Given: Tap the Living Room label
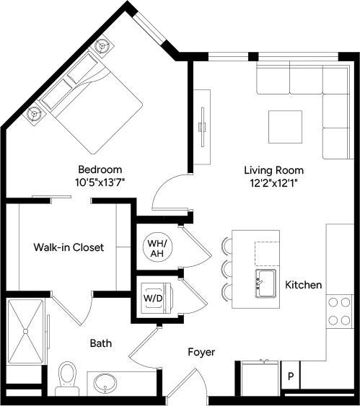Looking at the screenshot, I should (273, 170).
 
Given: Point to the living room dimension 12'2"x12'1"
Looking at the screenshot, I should (273, 183).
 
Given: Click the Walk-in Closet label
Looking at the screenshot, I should (69, 247).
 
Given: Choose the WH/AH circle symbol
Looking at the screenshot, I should (156, 245).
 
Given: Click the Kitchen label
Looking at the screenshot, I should (303, 285).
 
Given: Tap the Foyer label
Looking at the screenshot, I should (201, 352).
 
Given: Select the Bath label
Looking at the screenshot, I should (101, 344).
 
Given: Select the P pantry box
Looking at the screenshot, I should (290, 376).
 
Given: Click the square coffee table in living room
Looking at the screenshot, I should (285, 126).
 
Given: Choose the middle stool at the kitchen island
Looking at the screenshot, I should (227, 268).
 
